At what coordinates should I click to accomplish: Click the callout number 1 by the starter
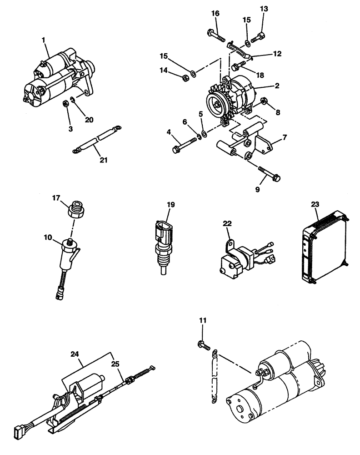pyautogui.click(x=44, y=40)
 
